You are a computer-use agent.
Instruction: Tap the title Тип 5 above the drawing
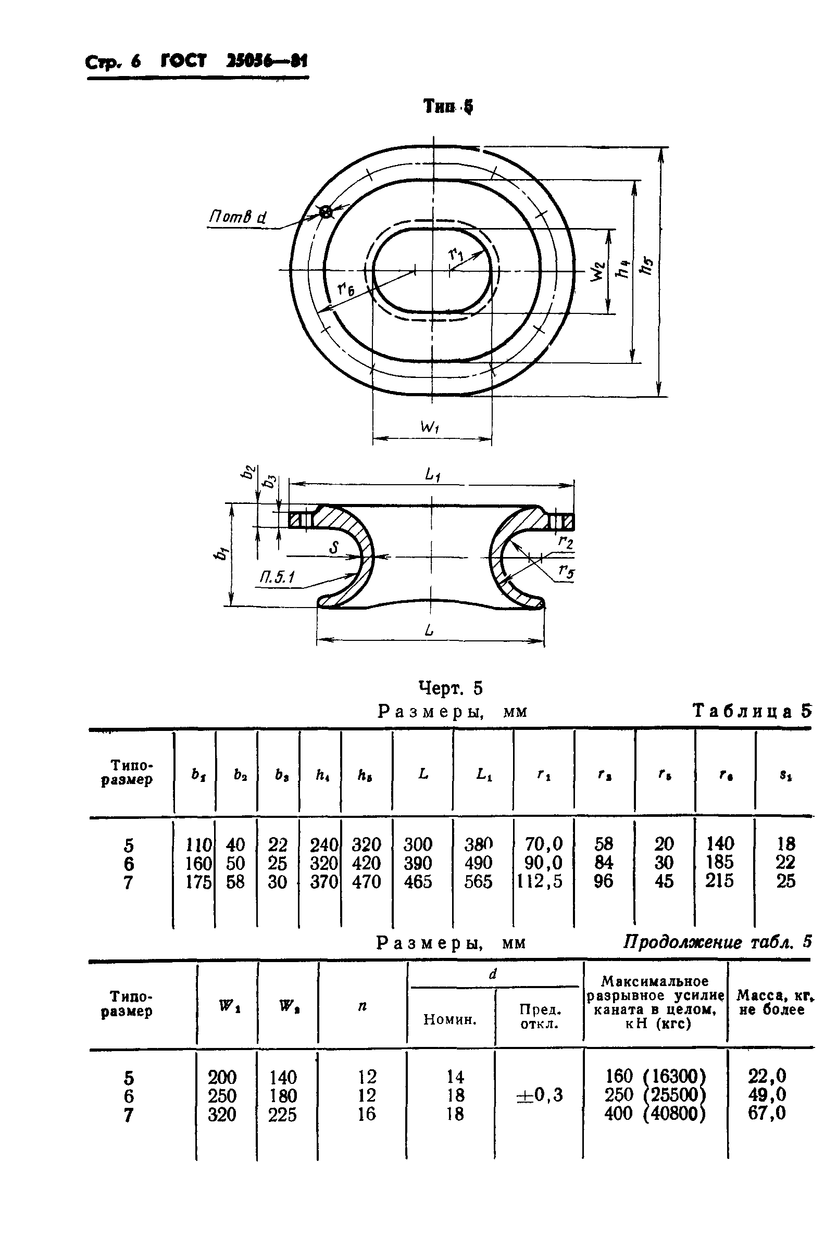point(447,107)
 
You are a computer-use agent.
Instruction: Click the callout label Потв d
point(238,217)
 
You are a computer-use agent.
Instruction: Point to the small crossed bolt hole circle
point(325,212)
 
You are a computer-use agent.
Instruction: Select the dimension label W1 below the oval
point(430,427)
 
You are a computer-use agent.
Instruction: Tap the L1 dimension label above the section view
point(433,474)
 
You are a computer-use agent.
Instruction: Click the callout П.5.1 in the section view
point(278,577)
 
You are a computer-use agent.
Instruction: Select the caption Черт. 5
point(450,688)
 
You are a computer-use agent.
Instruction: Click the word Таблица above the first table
point(742,711)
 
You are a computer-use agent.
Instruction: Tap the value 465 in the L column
point(418,881)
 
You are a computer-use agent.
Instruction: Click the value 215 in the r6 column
point(719,880)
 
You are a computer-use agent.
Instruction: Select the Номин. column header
point(449,1019)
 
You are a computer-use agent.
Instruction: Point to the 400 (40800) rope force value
point(655,1114)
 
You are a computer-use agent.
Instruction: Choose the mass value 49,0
point(767,1095)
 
